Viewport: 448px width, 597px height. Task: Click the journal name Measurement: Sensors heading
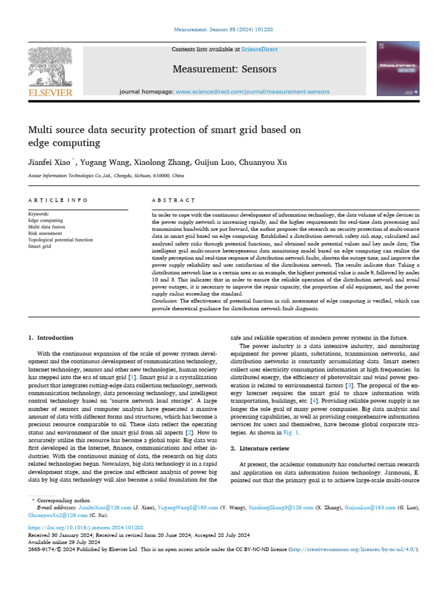pos(224,69)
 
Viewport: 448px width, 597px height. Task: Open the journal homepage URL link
pos(252,92)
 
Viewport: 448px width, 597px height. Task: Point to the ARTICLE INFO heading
pos(58,200)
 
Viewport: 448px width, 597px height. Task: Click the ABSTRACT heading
pos(173,200)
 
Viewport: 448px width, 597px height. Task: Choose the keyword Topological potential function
pos(60,240)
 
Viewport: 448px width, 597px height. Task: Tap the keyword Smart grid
pos(40,246)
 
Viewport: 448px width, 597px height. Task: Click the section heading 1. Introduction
pos(51,338)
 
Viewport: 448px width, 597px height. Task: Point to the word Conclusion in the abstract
pos(165,301)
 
